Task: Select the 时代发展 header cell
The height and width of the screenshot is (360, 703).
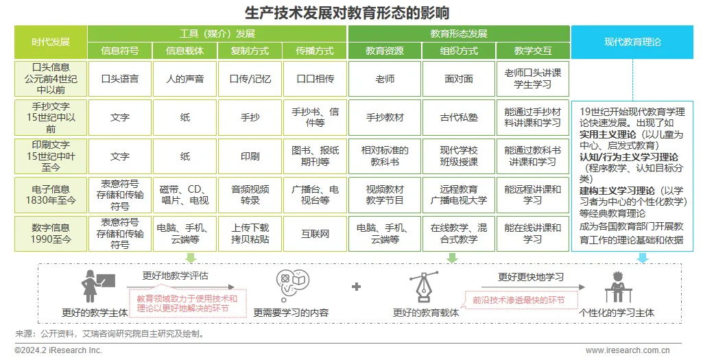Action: coord(51,42)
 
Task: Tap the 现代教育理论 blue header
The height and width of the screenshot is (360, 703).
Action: coord(632,42)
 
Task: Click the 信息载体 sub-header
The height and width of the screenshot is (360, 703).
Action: coord(185,51)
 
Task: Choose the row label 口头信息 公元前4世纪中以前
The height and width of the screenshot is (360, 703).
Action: coord(51,79)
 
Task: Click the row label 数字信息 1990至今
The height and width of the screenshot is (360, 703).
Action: coord(51,234)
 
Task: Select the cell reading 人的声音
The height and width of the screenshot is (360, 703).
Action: coord(185,79)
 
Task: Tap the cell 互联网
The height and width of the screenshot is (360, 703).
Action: coord(315,234)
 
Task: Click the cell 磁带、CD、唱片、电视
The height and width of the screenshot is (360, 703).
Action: coord(185,195)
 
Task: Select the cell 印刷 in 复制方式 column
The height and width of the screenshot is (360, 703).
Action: coord(250,156)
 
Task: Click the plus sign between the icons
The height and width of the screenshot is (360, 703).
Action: coord(356,287)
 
